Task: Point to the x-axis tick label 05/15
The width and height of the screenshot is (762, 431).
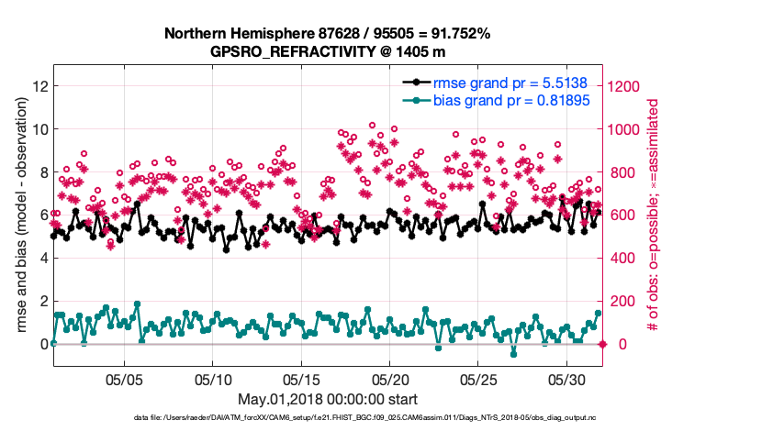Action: pyautogui.click(x=301, y=379)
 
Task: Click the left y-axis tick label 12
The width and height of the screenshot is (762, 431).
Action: pyautogui.click(x=39, y=86)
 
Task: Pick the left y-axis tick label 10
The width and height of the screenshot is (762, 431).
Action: pyautogui.click(x=39, y=129)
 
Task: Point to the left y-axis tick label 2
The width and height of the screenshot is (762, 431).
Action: pyautogui.click(x=43, y=301)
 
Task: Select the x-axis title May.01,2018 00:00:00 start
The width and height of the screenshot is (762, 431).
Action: pyautogui.click(x=328, y=399)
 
